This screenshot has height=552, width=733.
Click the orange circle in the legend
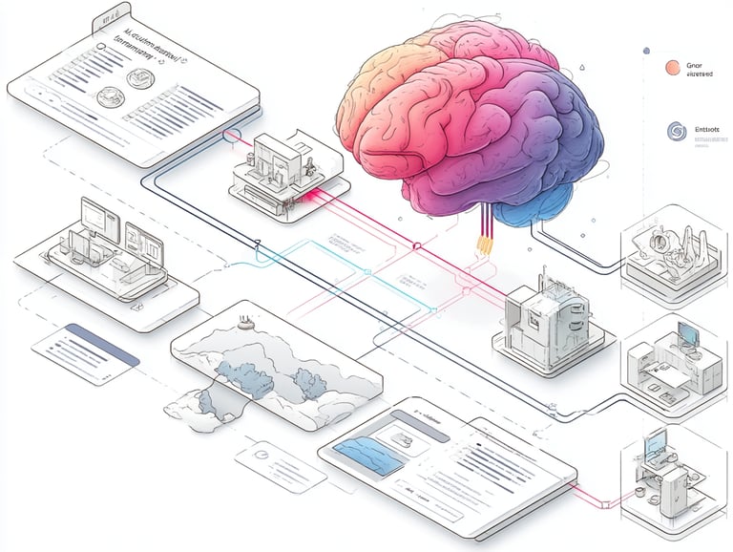[x=671, y=67]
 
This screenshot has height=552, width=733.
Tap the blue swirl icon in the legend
[x=671, y=131]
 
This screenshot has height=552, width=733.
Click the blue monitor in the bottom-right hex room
[x=655, y=445]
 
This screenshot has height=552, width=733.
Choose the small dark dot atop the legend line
[x=647, y=50]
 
